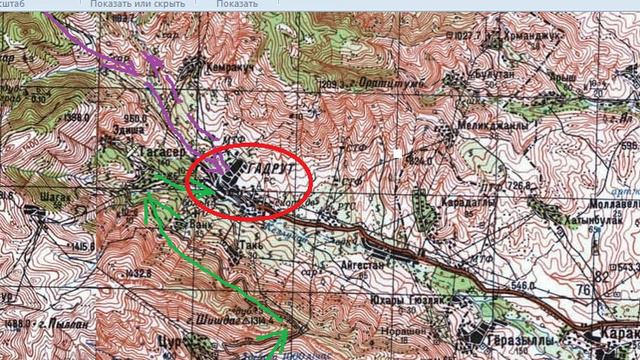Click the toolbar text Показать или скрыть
click(x=136, y=5)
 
